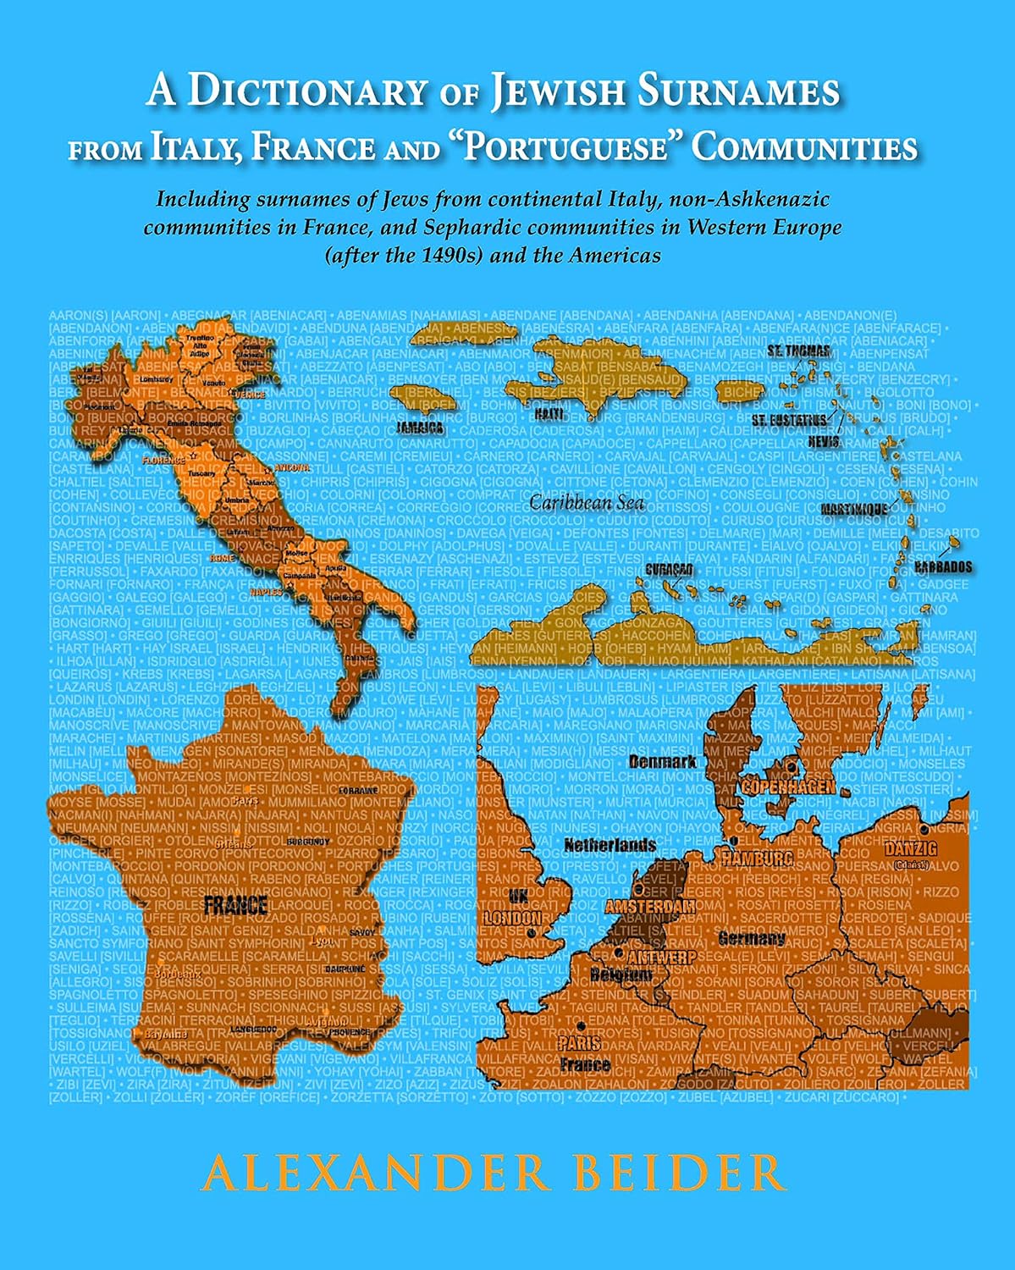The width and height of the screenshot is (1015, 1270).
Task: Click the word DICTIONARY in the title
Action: coord(304,91)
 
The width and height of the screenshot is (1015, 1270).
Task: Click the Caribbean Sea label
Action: coord(587,502)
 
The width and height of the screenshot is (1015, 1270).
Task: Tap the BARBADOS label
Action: coord(943,566)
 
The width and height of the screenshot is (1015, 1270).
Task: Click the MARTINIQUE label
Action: coord(854,508)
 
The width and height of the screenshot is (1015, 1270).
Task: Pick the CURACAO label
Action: coord(669,570)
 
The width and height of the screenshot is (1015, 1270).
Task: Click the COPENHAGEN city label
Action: coord(788,787)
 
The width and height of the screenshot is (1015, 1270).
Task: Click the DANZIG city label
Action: coord(910,848)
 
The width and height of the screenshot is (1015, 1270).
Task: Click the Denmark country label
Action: coord(662,761)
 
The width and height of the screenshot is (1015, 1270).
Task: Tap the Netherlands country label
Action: coord(610,845)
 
